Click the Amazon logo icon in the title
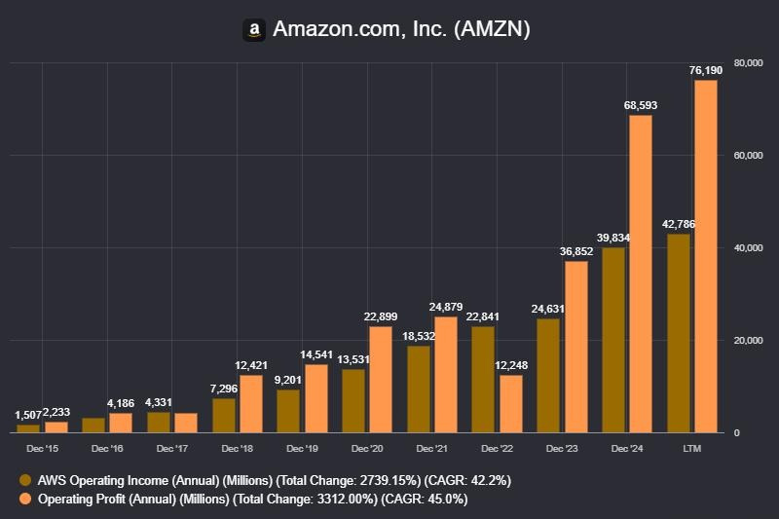point(254,30)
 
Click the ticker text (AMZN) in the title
point(491,30)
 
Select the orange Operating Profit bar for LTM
point(705,255)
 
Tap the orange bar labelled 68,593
point(640,274)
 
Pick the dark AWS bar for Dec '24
point(613,340)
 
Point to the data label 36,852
point(575,251)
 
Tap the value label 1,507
point(28,415)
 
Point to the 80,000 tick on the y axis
point(748,63)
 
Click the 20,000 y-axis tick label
point(748,340)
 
